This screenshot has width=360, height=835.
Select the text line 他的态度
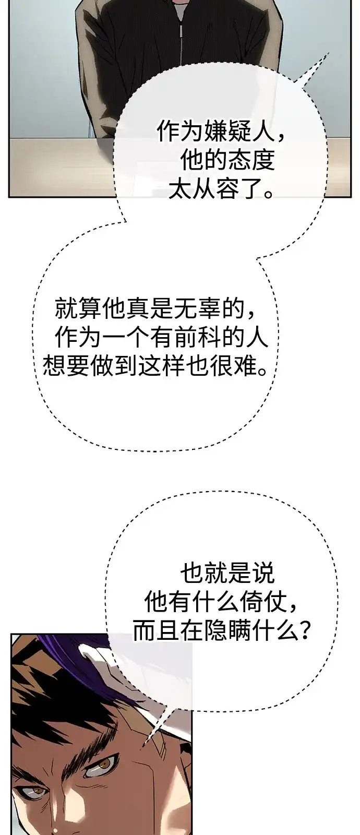[227, 161]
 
